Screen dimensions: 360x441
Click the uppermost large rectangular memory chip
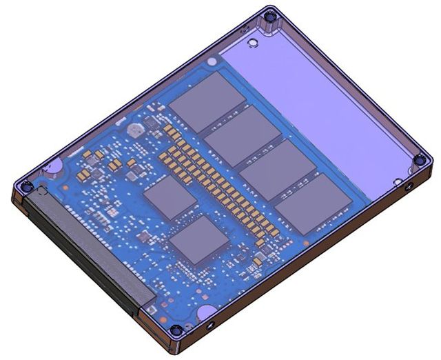point(207,101)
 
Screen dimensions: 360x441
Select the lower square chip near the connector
point(198,241)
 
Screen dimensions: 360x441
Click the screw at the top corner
point(271,16)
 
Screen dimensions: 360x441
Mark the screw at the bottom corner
point(177,331)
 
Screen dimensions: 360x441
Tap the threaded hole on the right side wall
point(408,187)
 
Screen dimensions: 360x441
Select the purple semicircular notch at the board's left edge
point(55,166)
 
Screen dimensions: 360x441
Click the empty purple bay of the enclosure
point(324,103)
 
